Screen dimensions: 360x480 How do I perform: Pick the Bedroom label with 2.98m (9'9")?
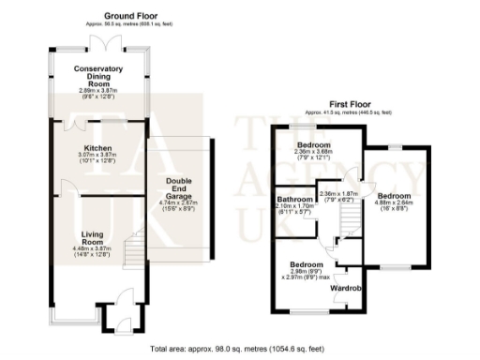(x=306, y=265)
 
